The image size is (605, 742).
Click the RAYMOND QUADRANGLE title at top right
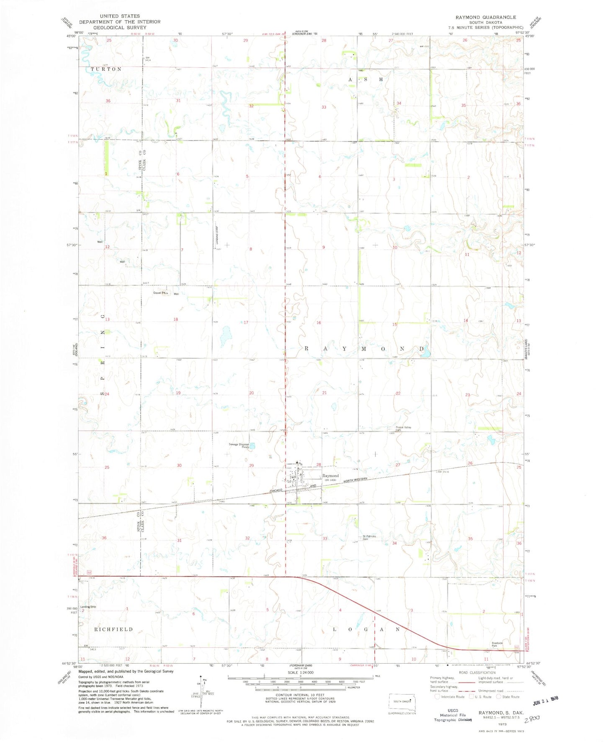click(486, 17)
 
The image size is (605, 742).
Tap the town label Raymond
click(330, 476)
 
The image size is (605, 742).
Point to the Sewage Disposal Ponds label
click(239, 446)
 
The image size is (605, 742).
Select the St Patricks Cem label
click(369, 538)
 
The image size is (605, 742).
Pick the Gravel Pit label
click(160, 293)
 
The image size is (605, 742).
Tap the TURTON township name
click(106, 69)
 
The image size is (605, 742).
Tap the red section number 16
click(319, 323)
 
